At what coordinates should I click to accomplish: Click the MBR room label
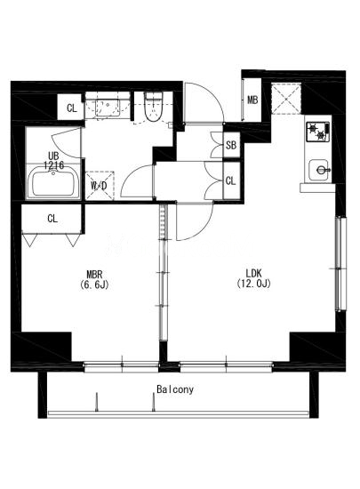point(94,275)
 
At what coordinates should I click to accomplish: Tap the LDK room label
point(253,273)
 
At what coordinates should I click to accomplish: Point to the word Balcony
point(175,389)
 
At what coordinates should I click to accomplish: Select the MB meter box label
point(252,100)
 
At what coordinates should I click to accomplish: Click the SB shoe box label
point(231,145)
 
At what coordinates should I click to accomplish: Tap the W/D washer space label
point(100,186)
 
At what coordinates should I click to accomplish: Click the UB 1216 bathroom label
point(53,160)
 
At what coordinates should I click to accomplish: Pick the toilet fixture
point(154,107)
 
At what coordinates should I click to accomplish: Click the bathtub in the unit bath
point(53,181)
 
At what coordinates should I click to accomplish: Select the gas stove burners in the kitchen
point(317,132)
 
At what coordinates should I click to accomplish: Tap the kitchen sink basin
point(318,170)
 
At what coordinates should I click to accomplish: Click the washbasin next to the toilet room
point(108,108)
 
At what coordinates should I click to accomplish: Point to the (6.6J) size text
point(94,285)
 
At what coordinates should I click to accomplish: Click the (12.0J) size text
point(253,284)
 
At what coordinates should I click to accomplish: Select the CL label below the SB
point(230,180)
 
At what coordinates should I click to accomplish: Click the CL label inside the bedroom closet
point(52,219)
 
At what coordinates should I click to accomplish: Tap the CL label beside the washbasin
point(72,108)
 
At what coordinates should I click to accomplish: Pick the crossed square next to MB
point(286,99)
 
